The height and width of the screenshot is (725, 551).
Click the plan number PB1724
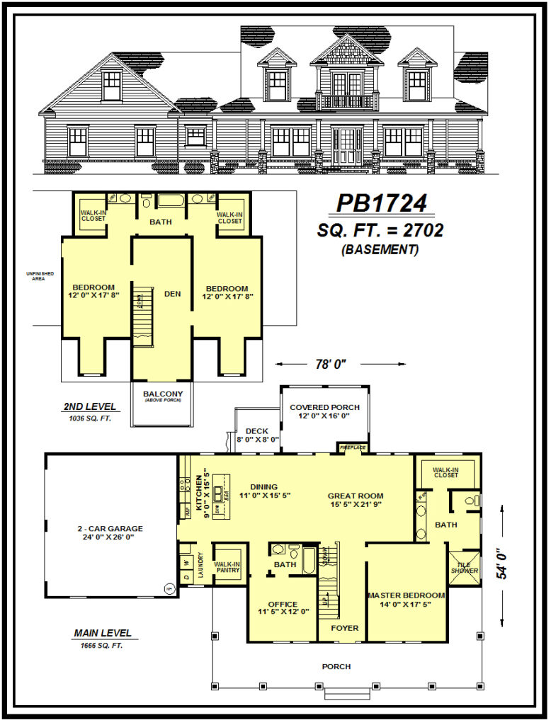pyautogui.click(x=381, y=204)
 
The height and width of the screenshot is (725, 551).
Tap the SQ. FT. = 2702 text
pyautogui.click(x=381, y=231)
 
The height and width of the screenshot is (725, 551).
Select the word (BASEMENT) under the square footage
pyautogui.click(x=380, y=250)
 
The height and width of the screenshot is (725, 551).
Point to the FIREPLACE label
pyautogui.click(x=351, y=447)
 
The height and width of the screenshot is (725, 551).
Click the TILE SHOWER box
pyautogui.click(x=465, y=566)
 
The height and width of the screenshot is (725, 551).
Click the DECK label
pyautogui.click(x=256, y=430)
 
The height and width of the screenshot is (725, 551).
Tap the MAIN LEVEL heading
pyautogui.click(x=103, y=633)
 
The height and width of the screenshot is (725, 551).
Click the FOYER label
pyautogui.click(x=345, y=628)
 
